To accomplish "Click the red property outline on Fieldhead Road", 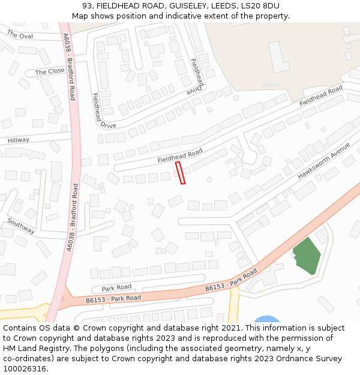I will (x=180, y=173).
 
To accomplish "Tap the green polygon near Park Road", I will (x=307, y=256).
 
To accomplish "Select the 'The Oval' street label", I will (x=20, y=35).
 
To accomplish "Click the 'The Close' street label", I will (x=50, y=72).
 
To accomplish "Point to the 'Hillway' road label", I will (x=18, y=140).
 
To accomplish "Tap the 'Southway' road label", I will (x=21, y=226).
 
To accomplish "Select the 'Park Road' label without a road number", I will (x=116, y=287).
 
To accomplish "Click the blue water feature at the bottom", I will (x=267, y=319).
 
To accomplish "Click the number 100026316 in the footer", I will (x=25, y=369).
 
